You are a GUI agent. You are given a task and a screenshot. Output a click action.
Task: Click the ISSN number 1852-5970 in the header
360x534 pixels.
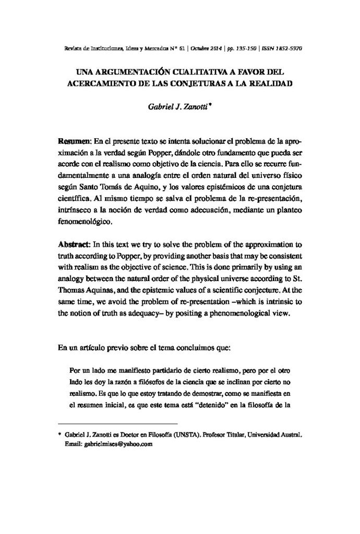click(289, 47)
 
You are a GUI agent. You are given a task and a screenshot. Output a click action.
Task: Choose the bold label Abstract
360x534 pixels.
click(74, 245)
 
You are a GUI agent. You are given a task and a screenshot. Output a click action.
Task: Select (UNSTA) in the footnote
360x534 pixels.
click(199, 434)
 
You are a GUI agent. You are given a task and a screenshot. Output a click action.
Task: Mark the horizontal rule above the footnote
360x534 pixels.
click(117, 424)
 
